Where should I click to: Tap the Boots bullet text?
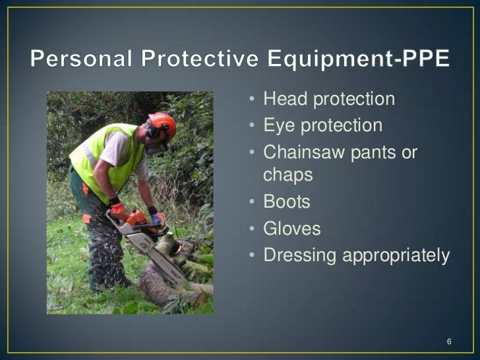click(287, 202)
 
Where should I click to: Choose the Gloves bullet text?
click(291, 229)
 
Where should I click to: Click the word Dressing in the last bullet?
click(297, 255)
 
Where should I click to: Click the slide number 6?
click(449, 342)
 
